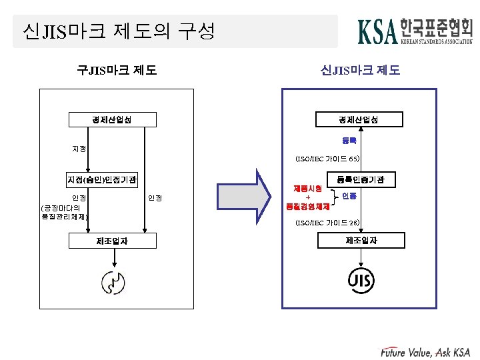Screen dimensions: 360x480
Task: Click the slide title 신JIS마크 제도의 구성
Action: click(x=119, y=31)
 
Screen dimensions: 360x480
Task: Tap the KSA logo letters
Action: click(x=378, y=31)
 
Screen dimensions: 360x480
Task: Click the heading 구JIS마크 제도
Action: click(x=117, y=69)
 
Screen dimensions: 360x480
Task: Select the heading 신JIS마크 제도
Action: click(x=360, y=69)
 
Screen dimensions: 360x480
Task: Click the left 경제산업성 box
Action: click(x=113, y=120)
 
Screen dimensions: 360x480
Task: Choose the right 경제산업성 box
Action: click(x=361, y=120)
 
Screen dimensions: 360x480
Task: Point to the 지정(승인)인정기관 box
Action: click(x=101, y=180)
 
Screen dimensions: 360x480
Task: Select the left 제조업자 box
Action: click(x=113, y=241)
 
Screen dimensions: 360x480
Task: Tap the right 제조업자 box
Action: click(x=361, y=240)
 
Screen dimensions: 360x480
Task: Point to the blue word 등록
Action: click(x=349, y=140)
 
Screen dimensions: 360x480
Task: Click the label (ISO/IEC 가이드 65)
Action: click(x=327, y=159)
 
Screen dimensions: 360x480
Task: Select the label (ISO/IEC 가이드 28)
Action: click(x=327, y=223)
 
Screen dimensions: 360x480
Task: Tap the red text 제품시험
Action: click(x=307, y=189)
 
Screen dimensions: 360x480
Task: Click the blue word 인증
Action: click(x=349, y=197)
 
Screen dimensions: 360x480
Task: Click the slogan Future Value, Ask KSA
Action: click(x=425, y=351)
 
